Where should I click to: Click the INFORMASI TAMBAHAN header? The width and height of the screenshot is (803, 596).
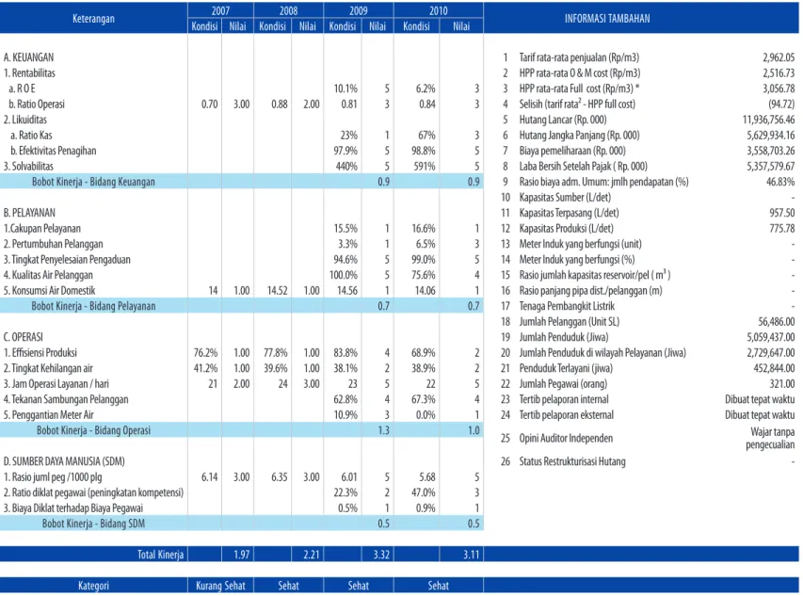[x=607, y=19]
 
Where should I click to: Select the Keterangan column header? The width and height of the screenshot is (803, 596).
[x=93, y=19]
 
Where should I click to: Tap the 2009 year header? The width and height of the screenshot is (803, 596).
[x=358, y=10]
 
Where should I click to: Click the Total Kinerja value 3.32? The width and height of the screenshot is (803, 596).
[x=381, y=555]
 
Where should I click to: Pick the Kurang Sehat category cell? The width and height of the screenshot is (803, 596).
[x=220, y=586]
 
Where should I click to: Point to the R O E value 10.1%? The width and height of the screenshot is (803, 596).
[x=345, y=89]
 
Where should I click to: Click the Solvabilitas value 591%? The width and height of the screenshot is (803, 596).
[x=424, y=167]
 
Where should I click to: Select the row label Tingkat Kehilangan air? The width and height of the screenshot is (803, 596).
[x=48, y=368]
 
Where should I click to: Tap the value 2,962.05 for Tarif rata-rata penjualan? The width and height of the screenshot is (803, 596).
[x=779, y=57]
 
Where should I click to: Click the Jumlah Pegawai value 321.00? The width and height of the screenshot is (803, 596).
[x=781, y=383]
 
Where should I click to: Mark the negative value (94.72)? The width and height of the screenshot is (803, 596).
[x=781, y=104]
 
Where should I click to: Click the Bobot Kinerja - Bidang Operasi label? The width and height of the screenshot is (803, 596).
[x=94, y=430]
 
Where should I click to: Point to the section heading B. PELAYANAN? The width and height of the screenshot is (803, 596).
[x=29, y=213]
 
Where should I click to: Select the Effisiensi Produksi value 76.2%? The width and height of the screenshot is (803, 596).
[x=205, y=353]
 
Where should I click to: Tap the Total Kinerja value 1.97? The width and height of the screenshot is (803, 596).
[x=241, y=555]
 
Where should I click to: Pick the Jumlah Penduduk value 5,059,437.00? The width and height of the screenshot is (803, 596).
[x=771, y=337]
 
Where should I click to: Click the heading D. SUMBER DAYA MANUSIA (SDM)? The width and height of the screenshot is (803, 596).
[x=64, y=461]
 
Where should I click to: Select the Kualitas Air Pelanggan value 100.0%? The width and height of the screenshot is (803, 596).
[x=344, y=275]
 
